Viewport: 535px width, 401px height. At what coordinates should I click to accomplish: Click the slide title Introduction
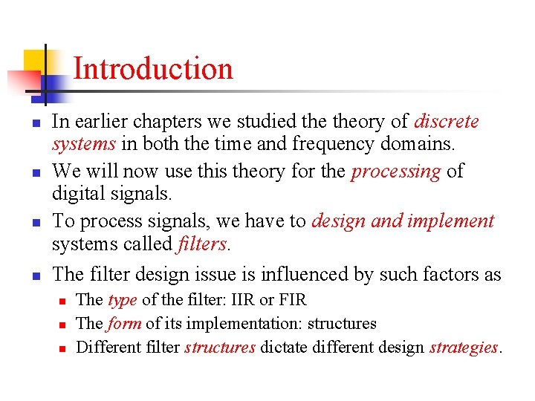(153, 69)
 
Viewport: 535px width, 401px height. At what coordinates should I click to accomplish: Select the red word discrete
(446, 121)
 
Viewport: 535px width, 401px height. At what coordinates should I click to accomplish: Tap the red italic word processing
(395, 171)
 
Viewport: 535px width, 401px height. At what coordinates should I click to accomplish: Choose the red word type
(122, 301)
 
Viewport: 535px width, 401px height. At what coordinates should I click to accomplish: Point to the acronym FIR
(290, 301)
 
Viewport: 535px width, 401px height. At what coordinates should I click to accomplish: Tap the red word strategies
(464, 347)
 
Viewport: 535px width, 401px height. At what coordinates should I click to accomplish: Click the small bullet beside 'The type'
(63, 301)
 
